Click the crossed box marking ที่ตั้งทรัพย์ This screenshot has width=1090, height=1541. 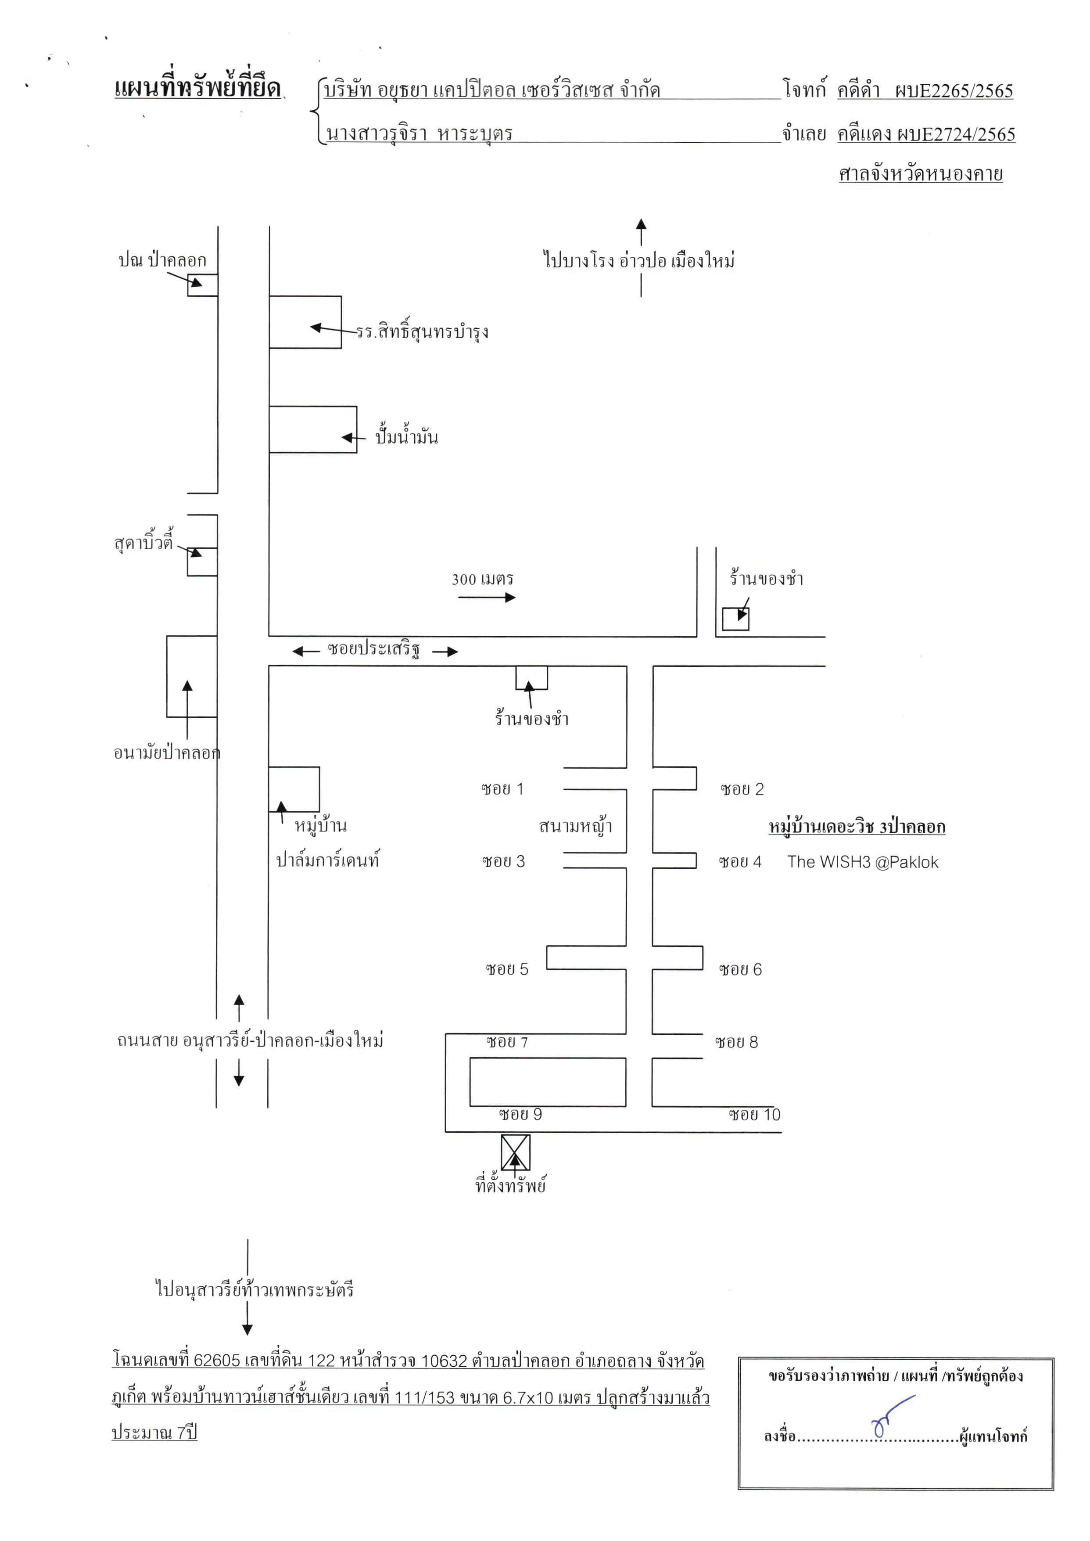[516, 1152]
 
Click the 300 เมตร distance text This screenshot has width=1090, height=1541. [483, 579]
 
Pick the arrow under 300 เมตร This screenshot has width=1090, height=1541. [487, 597]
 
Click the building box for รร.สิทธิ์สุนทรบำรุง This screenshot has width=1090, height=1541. [305, 322]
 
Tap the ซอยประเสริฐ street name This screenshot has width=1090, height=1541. [374, 649]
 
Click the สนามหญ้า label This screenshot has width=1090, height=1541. [575, 825]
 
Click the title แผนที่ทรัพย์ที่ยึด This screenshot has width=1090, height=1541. [197, 88]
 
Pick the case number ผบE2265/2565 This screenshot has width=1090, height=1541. [954, 90]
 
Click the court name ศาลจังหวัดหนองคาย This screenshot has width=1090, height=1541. [921, 173]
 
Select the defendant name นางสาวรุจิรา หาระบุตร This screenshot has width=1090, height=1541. [420, 133]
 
